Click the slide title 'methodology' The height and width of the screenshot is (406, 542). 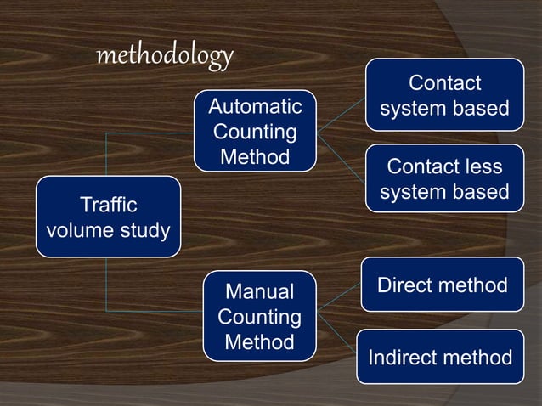165,56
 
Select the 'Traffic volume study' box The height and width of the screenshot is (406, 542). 108,217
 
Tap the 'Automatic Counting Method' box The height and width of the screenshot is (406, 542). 255,132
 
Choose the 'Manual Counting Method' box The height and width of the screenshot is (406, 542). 259,317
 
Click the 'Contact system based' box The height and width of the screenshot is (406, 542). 444,95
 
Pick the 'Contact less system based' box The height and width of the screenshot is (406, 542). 444,179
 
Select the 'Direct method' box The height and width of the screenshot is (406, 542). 442,285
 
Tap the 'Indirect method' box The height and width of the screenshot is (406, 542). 440,358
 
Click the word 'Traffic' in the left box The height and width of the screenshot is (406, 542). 108,205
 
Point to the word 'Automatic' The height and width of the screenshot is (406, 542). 255,107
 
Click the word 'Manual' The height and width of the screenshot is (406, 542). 259,292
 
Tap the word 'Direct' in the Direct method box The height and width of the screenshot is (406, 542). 405,285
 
